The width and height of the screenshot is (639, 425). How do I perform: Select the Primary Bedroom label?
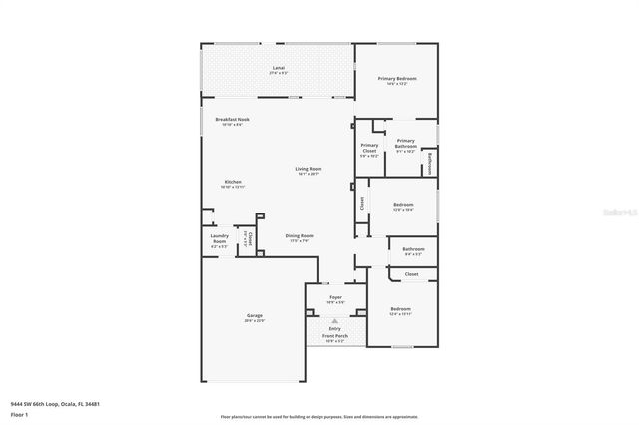(x=397, y=78)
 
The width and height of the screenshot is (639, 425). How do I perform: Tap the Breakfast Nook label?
(x=232, y=119)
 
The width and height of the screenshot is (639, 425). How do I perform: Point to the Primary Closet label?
(x=369, y=146)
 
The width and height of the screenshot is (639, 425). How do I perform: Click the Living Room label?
(x=308, y=169)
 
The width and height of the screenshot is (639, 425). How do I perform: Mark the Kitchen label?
(x=232, y=182)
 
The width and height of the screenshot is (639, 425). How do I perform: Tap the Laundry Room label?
(x=219, y=240)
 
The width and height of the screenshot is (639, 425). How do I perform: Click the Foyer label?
(x=335, y=297)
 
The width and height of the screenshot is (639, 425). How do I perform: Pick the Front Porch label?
(x=334, y=336)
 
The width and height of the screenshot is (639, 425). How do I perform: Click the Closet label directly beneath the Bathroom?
(x=412, y=273)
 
